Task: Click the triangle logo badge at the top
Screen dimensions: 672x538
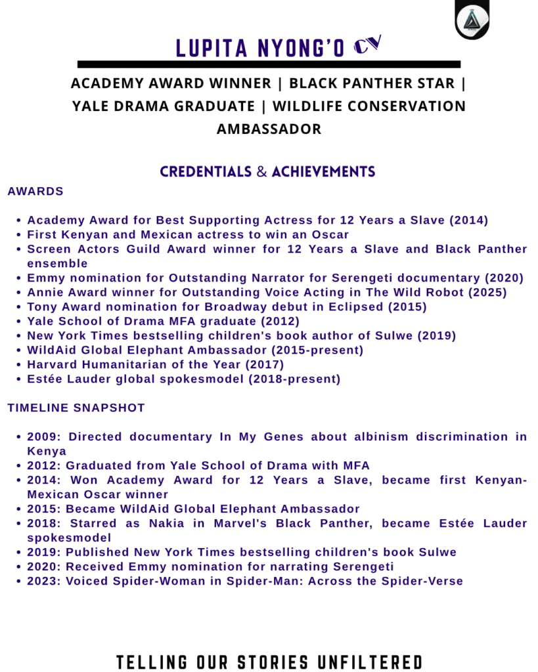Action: (472, 20)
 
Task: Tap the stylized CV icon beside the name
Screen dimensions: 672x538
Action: (367, 45)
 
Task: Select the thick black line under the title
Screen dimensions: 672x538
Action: (269, 64)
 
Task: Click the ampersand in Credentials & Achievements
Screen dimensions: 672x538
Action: (261, 172)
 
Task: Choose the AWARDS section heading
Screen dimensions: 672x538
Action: (35, 192)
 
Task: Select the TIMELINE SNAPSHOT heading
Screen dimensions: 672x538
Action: (76, 408)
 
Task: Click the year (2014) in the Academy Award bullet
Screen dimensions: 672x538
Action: (468, 220)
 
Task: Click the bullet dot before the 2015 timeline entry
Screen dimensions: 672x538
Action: (20, 509)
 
